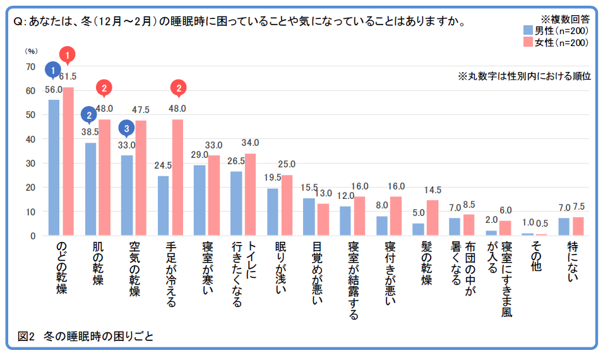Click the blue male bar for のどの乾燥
(x=54, y=167)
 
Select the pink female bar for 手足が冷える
(x=177, y=177)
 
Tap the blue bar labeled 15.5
(x=309, y=217)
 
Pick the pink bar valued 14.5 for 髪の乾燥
(x=432, y=218)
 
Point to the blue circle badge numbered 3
(x=127, y=128)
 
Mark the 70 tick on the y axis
(x=30, y=66)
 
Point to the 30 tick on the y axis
(x=30, y=163)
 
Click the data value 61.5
(x=68, y=77)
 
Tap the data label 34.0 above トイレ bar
(x=251, y=143)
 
